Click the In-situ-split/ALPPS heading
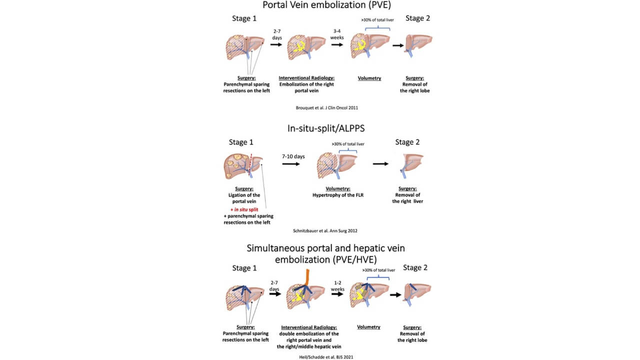[320, 128]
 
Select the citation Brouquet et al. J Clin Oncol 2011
[320, 107]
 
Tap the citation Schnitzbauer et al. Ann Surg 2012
[320, 230]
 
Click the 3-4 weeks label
[336, 33]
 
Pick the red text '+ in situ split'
[247, 208]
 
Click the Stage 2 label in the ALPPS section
[407, 142]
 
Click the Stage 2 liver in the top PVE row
[418, 45]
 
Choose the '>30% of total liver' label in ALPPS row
[348, 144]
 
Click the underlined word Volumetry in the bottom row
[368, 327]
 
